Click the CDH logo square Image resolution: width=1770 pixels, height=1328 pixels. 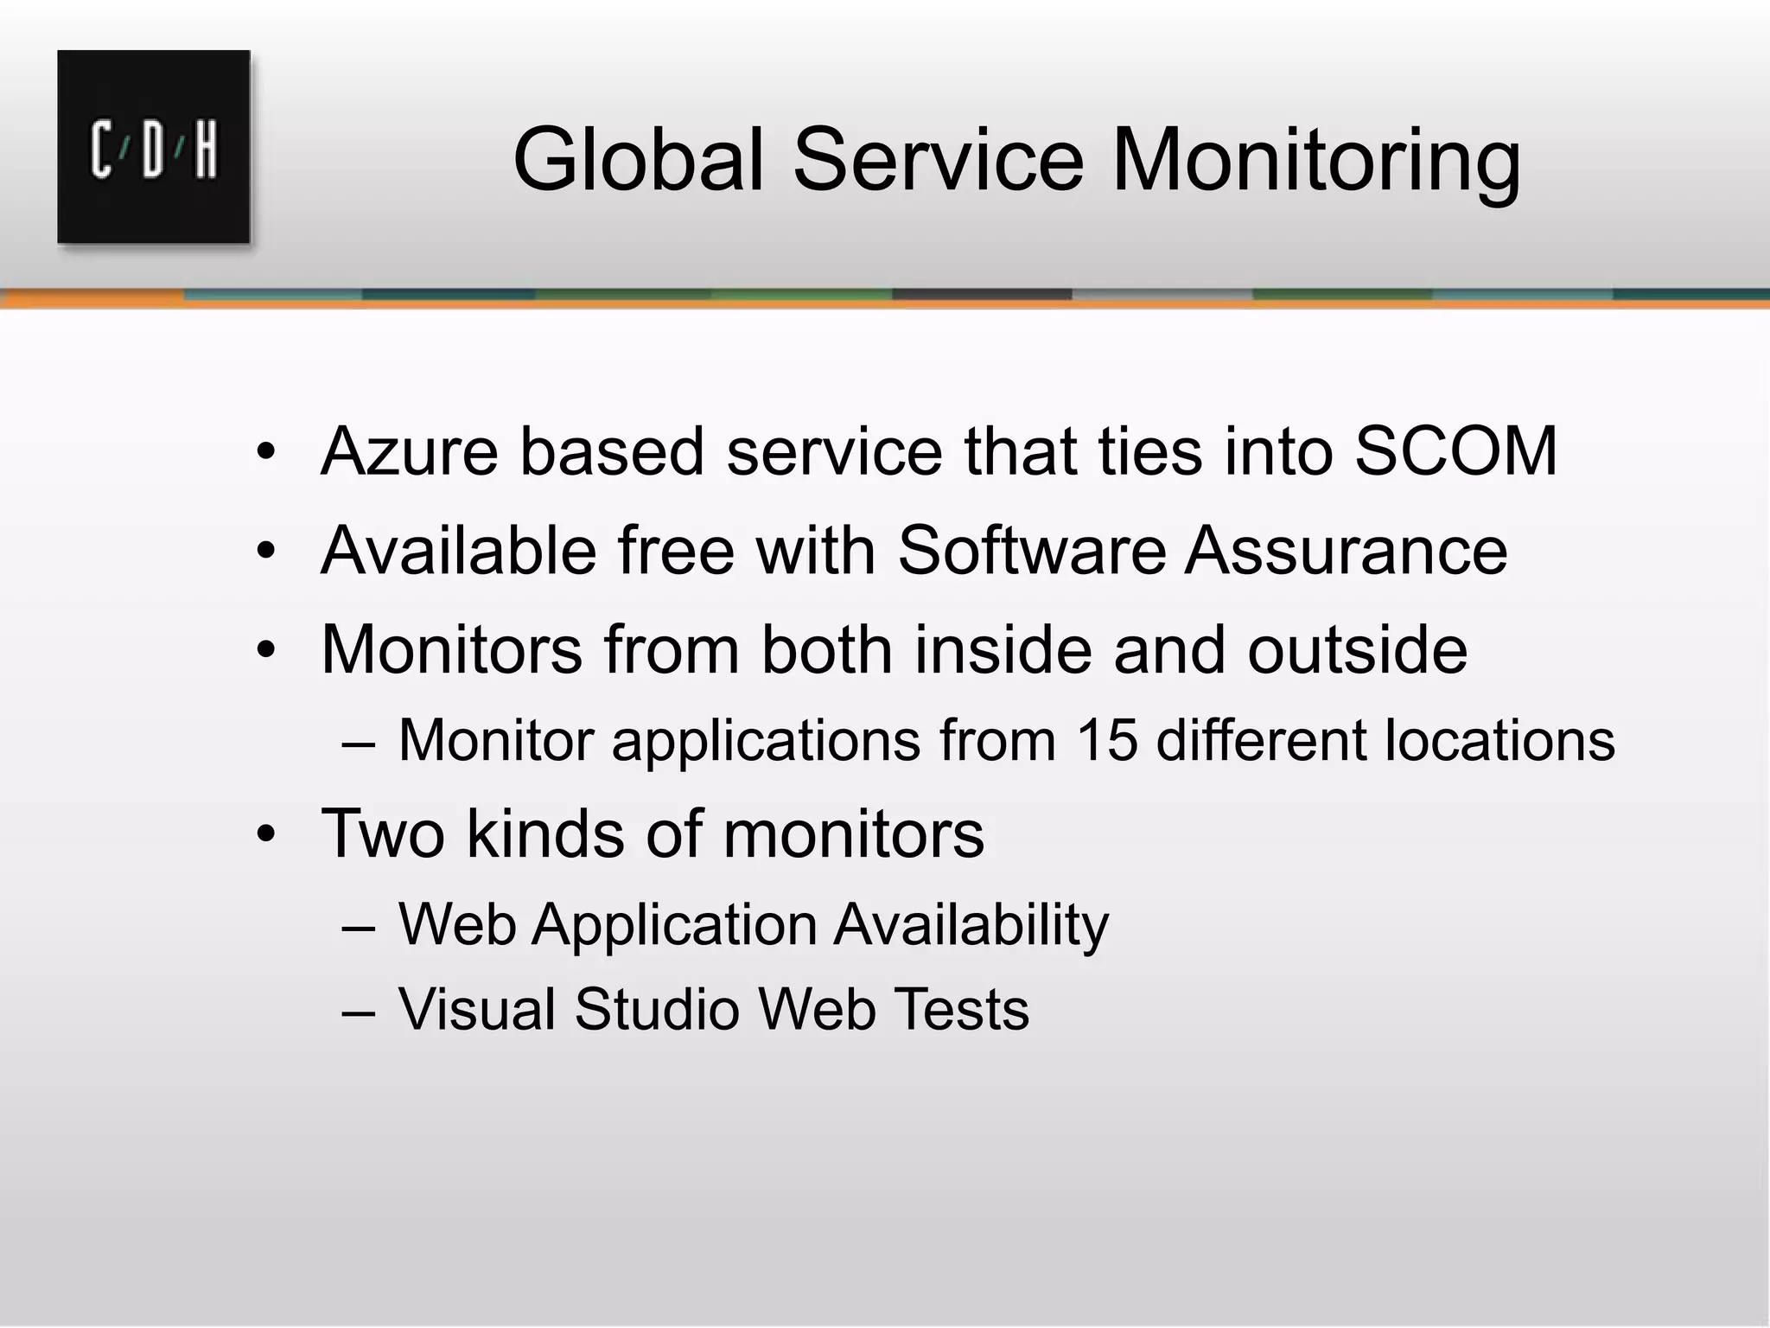click(154, 147)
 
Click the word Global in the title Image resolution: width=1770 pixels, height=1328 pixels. click(639, 160)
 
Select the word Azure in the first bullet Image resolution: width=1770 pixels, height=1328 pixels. click(409, 451)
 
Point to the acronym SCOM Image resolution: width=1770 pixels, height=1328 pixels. click(1455, 451)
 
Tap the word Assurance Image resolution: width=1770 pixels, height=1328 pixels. click(1346, 551)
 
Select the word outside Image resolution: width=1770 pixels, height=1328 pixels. click(1357, 649)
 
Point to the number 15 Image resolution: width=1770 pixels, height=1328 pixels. click(1107, 741)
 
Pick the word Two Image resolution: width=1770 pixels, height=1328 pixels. click(383, 833)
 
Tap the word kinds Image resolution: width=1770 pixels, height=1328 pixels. click(545, 833)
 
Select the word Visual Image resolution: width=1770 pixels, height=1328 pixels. click(476, 1009)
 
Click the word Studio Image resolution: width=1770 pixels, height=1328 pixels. click(657, 1009)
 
